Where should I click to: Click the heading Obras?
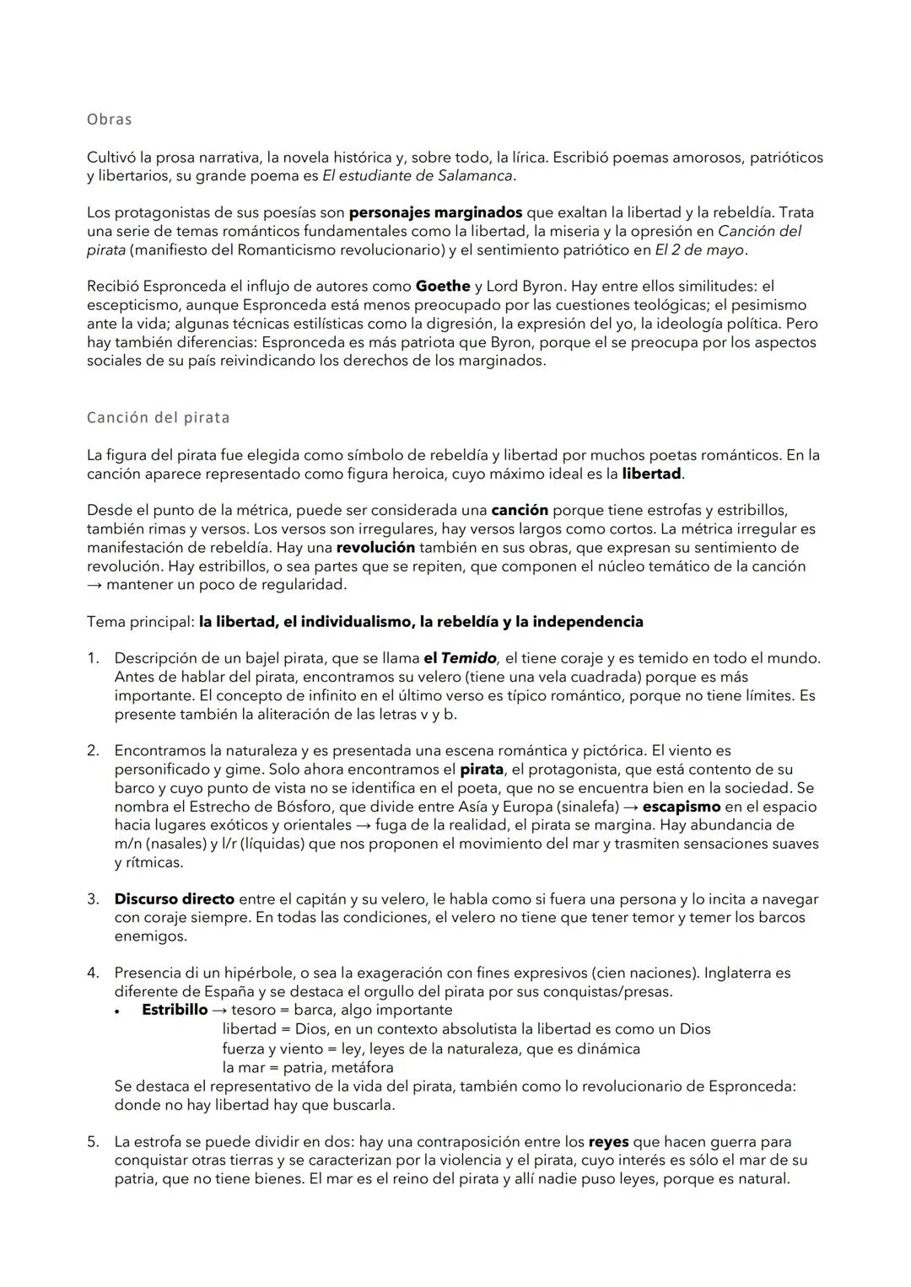click(x=109, y=120)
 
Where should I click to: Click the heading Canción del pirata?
click(x=158, y=418)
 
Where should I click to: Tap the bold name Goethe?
click(x=442, y=287)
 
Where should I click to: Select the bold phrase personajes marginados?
click(x=435, y=212)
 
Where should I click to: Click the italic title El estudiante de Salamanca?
click(x=418, y=175)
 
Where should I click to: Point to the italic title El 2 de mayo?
click(x=699, y=249)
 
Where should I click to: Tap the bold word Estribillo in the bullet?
click(x=175, y=1010)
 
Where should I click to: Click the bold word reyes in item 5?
click(x=608, y=1142)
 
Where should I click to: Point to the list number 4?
click(x=93, y=973)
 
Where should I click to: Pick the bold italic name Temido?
click(x=469, y=658)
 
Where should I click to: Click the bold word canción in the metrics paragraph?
click(x=520, y=511)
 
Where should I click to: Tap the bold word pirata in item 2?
click(x=481, y=770)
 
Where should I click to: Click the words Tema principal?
click(x=140, y=622)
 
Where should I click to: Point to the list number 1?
click(x=93, y=658)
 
